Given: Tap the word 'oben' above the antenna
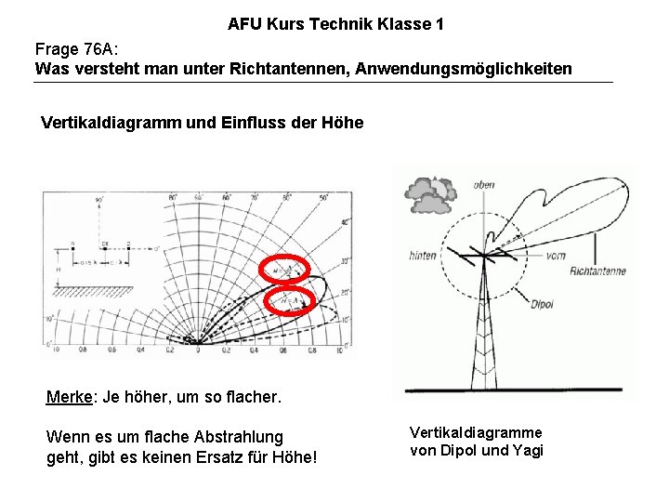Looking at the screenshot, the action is (x=484, y=185).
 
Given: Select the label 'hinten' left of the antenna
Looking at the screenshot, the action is (x=423, y=256).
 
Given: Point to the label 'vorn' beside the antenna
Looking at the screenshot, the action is (x=557, y=256).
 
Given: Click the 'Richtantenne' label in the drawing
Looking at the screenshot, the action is (x=597, y=271).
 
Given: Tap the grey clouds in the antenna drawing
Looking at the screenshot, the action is (x=427, y=191).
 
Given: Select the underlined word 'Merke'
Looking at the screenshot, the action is (x=67, y=398).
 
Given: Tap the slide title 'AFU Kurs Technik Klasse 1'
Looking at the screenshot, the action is (x=335, y=24).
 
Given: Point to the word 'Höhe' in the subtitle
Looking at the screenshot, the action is (x=343, y=123).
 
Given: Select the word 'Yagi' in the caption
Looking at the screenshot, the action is (x=528, y=451).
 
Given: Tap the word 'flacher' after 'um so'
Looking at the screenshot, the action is (x=251, y=398).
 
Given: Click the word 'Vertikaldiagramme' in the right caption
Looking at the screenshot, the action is (x=476, y=433).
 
